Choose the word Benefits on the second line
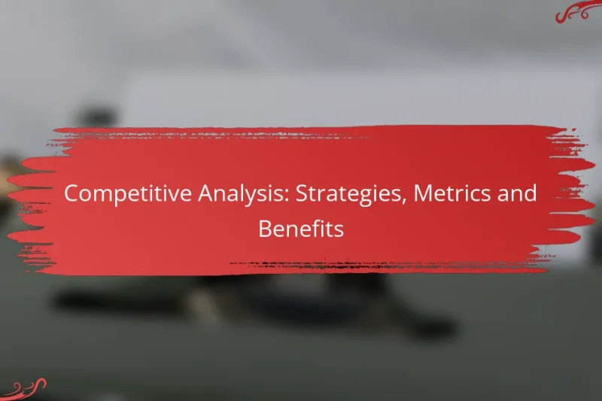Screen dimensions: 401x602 click(301, 229)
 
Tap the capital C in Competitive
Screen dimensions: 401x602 click(71, 194)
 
